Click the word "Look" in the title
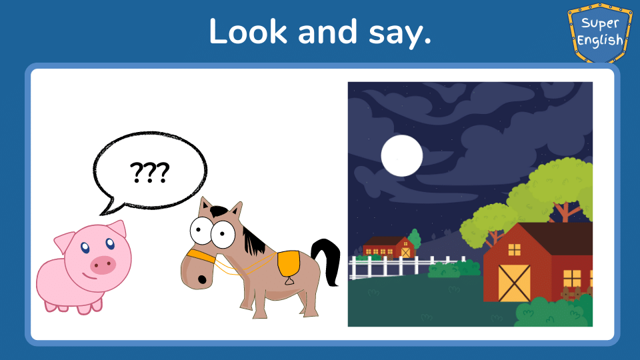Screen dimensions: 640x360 (x=248, y=31)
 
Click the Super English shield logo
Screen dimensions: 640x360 (x=599, y=33)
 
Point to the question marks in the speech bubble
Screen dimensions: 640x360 (x=149, y=172)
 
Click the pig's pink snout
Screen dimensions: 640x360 (x=103, y=265)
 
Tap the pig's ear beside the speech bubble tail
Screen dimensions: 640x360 (x=117, y=229)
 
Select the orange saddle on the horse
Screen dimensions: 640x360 (x=288, y=265)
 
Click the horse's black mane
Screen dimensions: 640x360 (x=253, y=241)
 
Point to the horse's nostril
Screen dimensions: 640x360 (x=202, y=279)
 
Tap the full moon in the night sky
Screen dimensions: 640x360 (x=401, y=155)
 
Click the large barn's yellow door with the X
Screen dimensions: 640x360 (x=514, y=283)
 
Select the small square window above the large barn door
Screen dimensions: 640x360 (x=514, y=249)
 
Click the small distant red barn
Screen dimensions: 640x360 (x=388, y=247)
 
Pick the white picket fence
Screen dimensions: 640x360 (x=406, y=267)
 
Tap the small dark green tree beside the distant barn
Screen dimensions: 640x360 (x=414, y=239)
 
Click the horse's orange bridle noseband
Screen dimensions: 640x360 (x=201, y=256)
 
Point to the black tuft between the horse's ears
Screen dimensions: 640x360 (x=219, y=211)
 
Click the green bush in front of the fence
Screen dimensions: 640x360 (x=454, y=269)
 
